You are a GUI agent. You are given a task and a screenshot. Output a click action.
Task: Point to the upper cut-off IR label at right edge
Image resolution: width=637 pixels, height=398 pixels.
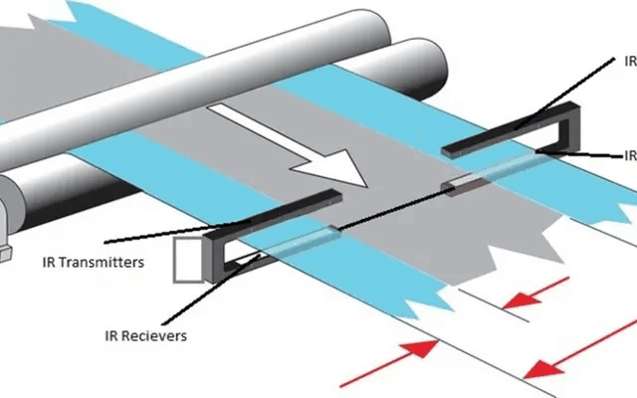[x=629, y=60]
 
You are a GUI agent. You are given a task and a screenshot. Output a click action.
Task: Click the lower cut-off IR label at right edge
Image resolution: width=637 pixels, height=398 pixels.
[x=629, y=155]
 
